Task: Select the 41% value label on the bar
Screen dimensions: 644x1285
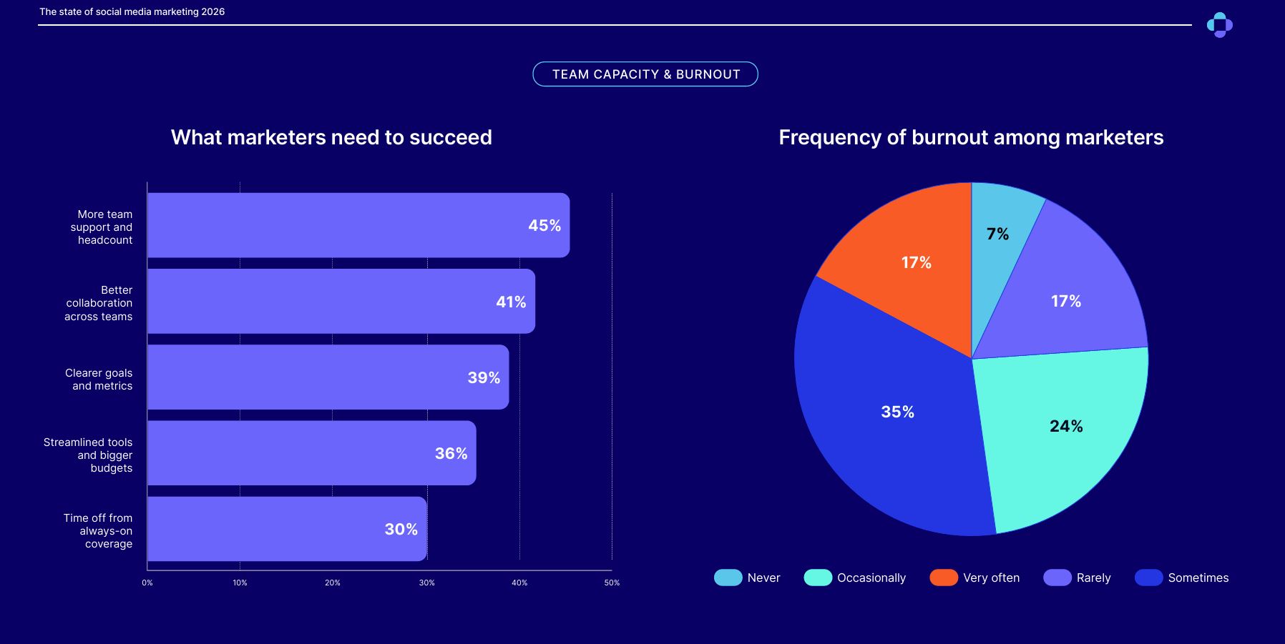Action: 511,302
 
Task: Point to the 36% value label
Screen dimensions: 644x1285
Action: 451,454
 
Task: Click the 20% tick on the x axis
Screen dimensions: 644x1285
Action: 333,583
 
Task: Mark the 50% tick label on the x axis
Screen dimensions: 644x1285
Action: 612,583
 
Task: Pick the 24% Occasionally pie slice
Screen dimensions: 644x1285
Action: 1059,429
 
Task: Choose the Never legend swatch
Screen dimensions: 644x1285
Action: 728,578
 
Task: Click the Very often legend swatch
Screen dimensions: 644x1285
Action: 944,578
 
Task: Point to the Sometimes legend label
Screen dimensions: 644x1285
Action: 1198,578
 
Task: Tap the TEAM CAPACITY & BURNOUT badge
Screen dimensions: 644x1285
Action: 645,74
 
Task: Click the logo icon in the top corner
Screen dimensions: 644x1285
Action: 1219,25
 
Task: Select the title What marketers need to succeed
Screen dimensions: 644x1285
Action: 331,137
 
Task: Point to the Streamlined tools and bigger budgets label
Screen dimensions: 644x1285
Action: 88,455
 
